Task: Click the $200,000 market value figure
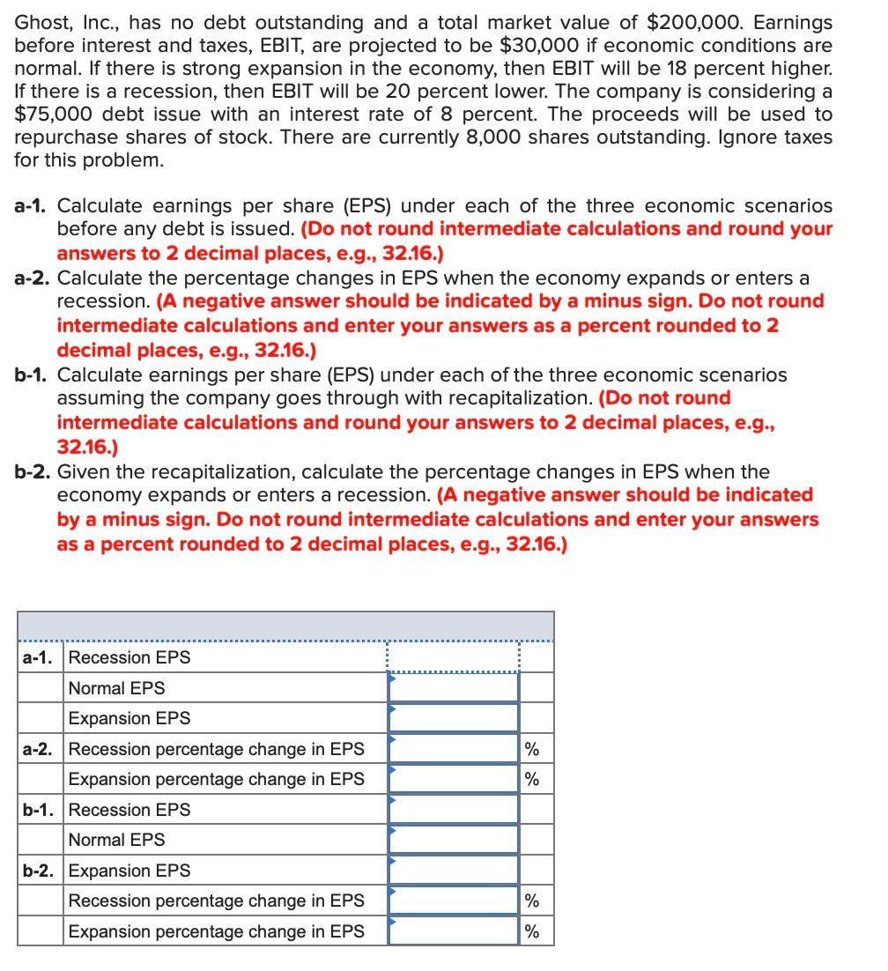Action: pyautogui.click(x=625, y=23)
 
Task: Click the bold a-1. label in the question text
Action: pyautogui.click(x=32, y=206)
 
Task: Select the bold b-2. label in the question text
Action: pyautogui.click(x=32, y=472)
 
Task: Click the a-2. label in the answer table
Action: pyautogui.click(x=39, y=749)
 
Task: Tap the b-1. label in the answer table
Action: pyautogui.click(x=39, y=810)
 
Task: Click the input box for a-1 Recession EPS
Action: pyautogui.click(x=453, y=657)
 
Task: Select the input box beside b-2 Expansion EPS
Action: pyautogui.click(x=453, y=871)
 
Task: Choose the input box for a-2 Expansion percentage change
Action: pyautogui.click(x=453, y=779)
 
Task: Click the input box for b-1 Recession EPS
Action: pyautogui.click(x=453, y=810)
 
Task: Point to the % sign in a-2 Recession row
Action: pyautogui.click(x=531, y=750)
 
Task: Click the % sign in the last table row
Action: pyautogui.click(x=531, y=932)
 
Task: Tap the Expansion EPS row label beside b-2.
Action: pyautogui.click(x=129, y=871)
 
